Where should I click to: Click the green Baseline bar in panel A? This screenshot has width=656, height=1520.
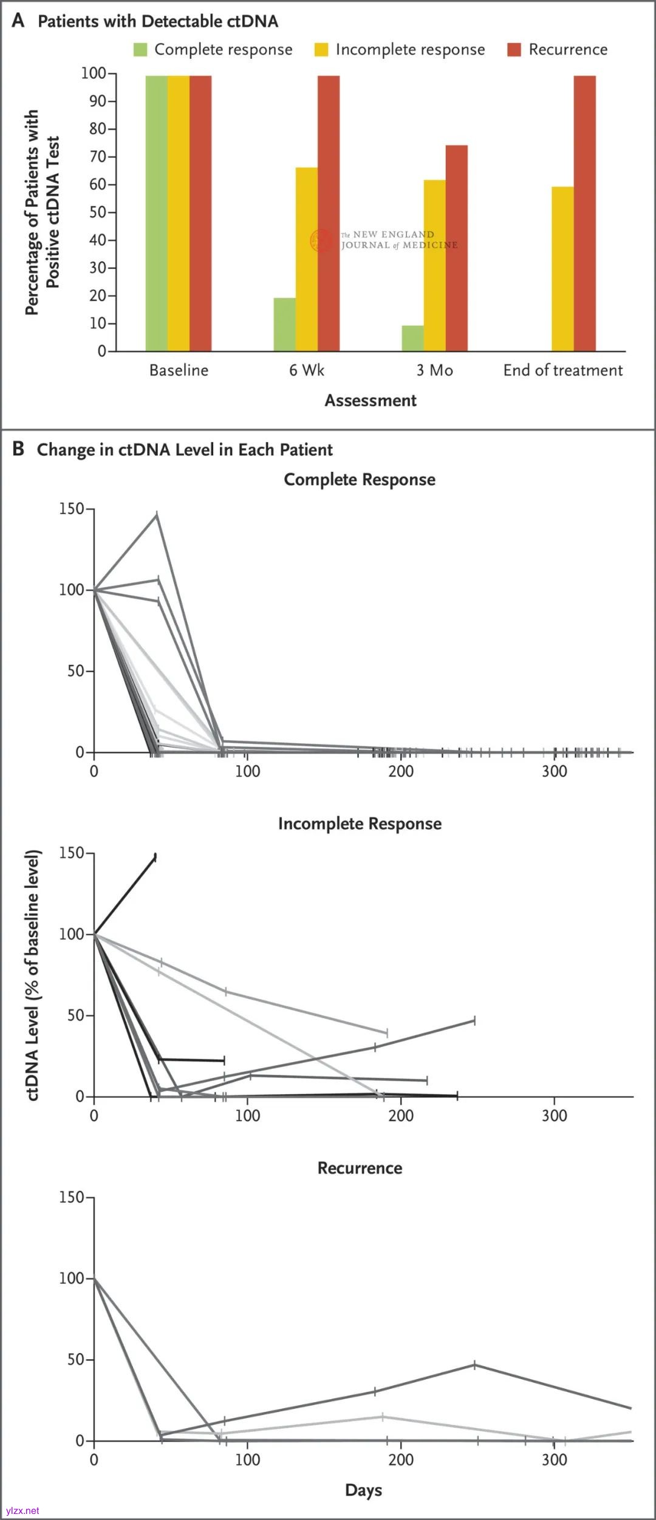point(156,213)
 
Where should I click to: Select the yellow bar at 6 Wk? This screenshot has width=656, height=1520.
point(306,259)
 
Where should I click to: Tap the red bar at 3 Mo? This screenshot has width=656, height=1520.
point(457,248)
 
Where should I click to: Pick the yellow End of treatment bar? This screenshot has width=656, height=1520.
point(562,268)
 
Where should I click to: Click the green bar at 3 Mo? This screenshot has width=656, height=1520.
point(412,338)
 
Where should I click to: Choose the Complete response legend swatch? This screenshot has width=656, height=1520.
point(140,50)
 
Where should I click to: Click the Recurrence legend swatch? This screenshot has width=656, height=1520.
point(514,50)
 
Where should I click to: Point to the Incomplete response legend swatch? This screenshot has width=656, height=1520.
point(321,50)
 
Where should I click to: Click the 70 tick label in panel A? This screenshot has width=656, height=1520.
point(98,157)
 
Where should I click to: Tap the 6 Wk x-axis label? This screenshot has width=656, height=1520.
point(307,370)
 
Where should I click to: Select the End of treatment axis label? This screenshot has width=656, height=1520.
point(563,370)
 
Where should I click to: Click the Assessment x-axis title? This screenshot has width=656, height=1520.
point(371,401)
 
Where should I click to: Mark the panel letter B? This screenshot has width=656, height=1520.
point(18,449)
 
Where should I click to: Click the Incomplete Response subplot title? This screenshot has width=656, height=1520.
point(360,823)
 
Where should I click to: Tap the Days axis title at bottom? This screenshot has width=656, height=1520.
point(363,1490)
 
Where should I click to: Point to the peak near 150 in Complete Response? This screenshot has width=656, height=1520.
point(157,515)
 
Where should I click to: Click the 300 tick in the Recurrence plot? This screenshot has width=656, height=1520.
point(554,1459)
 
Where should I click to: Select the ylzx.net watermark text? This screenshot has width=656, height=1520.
point(22,1510)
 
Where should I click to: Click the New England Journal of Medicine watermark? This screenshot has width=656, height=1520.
point(389,240)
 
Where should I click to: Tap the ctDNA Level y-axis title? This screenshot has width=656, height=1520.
point(33,975)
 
